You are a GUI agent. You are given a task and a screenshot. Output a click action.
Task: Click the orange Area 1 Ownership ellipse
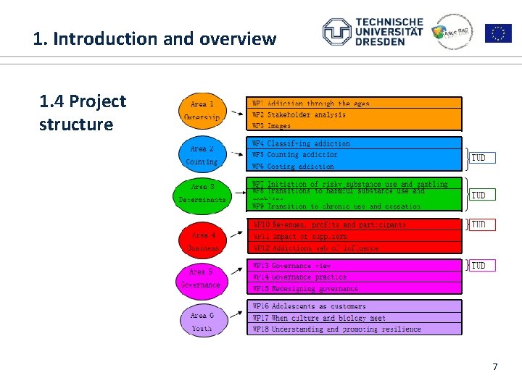pos(202,110)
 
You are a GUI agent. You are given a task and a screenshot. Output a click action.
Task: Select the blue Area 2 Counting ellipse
pos(202,155)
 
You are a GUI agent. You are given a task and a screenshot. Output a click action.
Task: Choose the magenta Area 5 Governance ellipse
pos(202,279)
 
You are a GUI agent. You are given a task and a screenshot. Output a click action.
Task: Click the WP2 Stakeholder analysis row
pos(355,114)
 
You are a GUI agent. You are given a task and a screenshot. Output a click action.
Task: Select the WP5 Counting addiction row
pos(355,155)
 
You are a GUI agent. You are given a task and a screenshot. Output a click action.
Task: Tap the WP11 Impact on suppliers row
pos(355,236)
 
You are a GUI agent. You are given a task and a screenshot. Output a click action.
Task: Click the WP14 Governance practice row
pos(355,277)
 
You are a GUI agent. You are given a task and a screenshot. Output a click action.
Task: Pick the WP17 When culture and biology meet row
pos(355,318)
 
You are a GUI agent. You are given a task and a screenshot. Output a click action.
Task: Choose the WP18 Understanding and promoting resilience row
pos(355,329)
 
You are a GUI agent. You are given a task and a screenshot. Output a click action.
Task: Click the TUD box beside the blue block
pos(479,158)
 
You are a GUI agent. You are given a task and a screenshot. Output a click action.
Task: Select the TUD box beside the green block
pos(479,195)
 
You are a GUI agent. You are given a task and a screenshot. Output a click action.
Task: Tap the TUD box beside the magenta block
pos(479,266)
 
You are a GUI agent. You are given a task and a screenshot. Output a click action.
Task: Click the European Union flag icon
pos(498,33)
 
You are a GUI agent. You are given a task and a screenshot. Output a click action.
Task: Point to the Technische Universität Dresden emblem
pos(336,32)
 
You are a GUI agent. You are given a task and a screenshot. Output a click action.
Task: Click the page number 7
pos(495,367)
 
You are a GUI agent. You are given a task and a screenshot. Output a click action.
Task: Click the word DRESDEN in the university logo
pos(380,42)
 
